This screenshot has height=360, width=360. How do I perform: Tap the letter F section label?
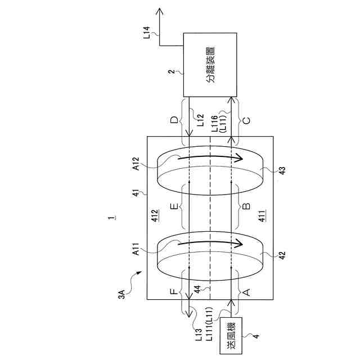pos(175,293)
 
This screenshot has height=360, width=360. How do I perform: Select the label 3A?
pos(122,293)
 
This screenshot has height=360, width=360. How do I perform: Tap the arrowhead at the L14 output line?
pos(161,11)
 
